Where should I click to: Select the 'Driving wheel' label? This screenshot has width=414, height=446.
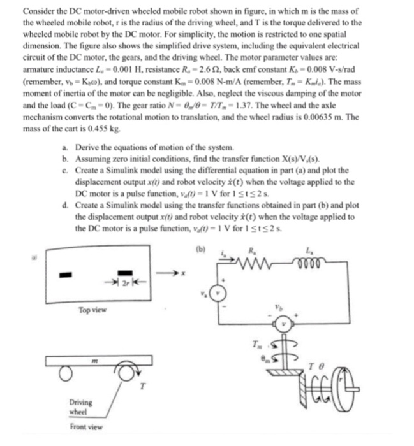81,406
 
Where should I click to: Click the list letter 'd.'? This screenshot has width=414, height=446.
66,206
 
